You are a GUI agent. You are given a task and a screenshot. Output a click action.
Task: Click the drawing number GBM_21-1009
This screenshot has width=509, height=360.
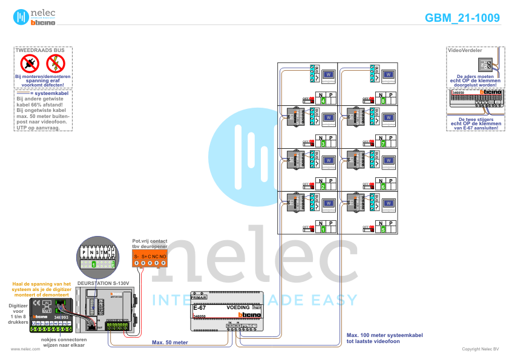coord(462,18)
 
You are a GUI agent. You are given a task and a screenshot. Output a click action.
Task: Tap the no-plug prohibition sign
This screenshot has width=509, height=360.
coord(30,62)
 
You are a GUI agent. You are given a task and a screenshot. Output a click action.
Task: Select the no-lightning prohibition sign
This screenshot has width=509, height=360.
coord(55,62)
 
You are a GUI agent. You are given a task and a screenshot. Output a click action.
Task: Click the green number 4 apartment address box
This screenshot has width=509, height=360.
coord(323,100)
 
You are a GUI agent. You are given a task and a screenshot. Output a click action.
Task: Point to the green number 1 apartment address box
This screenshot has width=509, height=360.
coord(323,229)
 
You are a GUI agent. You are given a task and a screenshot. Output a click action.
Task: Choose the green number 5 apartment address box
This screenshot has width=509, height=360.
coord(384,229)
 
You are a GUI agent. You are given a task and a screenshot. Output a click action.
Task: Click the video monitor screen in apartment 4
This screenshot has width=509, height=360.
coord(330,75)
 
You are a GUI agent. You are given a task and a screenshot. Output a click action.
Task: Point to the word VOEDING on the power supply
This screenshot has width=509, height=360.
coord(237,307)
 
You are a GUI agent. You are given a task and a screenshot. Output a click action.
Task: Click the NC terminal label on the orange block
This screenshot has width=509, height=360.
coord(155,257)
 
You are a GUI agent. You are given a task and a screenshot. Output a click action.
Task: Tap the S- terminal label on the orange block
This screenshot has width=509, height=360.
coord(137,257)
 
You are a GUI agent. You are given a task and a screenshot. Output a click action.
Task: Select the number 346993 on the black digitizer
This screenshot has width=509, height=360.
coord(61,316)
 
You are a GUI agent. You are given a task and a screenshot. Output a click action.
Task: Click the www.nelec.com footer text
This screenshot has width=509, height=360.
coord(21,349)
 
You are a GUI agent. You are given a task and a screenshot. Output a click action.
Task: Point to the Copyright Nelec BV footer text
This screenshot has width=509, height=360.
coord(481,349)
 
